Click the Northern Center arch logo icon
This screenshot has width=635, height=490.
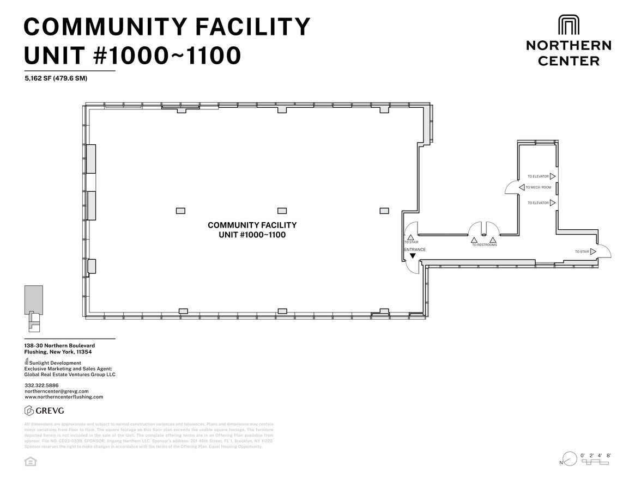[x=569, y=25]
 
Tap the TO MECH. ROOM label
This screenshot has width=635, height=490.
[x=538, y=187]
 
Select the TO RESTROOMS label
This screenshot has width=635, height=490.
[x=484, y=245]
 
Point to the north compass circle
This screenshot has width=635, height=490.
[x=570, y=459]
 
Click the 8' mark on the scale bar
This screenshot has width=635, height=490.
[x=609, y=455]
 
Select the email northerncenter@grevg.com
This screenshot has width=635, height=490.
[x=56, y=391]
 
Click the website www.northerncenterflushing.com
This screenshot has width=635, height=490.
[x=64, y=397]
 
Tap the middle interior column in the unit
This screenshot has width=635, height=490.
[x=282, y=211]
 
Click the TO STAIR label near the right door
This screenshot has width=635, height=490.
[x=582, y=252]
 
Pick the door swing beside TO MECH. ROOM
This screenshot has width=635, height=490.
[x=512, y=188]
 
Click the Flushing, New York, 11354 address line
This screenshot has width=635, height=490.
[x=58, y=352]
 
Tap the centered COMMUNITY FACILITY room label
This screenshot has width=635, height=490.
[x=252, y=225]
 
